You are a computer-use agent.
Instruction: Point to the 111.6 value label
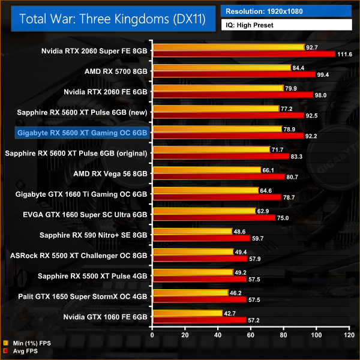(x=344, y=55)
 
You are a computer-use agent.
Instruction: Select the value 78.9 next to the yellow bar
(x=291, y=129)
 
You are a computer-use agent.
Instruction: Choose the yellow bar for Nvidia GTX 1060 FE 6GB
(x=188, y=313)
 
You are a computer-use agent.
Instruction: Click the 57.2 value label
(x=255, y=320)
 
